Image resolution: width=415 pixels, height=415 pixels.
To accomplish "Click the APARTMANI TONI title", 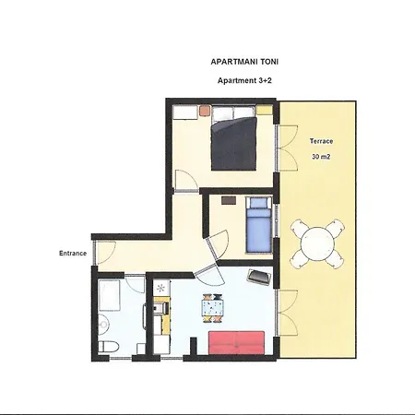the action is [x=244, y=62].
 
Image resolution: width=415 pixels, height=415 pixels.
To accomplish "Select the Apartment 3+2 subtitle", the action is [x=244, y=80].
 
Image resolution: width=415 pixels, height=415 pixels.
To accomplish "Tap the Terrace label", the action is [x=321, y=141].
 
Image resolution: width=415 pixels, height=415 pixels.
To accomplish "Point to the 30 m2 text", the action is [x=321, y=157].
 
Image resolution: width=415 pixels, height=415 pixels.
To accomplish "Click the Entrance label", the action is [x=73, y=254].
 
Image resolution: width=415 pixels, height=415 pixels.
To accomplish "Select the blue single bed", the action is [x=259, y=225].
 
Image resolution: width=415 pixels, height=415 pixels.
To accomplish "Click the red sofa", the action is [x=236, y=343].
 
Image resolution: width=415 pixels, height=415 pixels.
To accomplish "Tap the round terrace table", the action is [x=317, y=243].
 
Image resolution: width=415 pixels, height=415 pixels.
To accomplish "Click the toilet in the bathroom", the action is [x=108, y=347].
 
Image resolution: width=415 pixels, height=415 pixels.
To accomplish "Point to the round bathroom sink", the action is [x=103, y=324].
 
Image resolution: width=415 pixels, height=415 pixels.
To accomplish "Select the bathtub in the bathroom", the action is [x=109, y=295].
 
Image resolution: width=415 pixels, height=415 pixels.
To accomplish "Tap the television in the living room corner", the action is [x=260, y=277].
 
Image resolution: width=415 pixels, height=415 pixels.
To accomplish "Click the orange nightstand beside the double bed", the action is [x=205, y=111].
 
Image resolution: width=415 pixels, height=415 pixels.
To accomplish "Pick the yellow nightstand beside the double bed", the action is [x=265, y=110].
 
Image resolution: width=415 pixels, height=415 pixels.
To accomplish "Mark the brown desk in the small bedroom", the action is [x=229, y=200].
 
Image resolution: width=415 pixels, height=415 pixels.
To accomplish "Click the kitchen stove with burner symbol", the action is [x=161, y=289].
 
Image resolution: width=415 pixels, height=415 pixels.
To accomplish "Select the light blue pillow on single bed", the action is [x=258, y=203].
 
